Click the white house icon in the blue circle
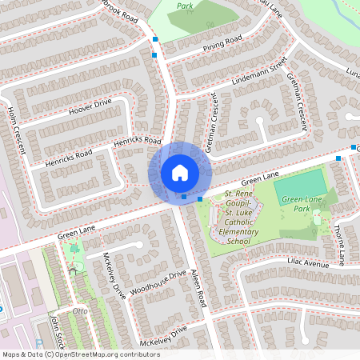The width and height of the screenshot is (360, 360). coord(179,172)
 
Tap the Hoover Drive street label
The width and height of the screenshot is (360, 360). coord(90,108)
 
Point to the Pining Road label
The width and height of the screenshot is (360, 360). coord(222,44)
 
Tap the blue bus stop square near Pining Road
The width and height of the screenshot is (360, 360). coord(154,54)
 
